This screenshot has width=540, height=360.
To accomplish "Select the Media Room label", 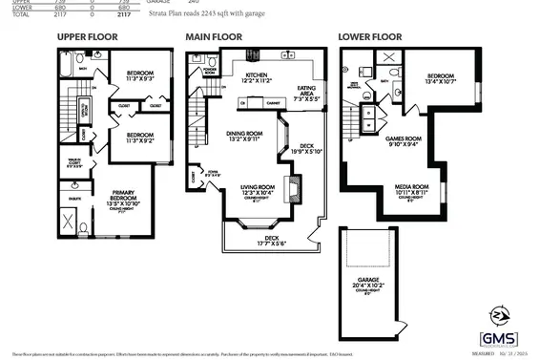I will (x=412, y=189).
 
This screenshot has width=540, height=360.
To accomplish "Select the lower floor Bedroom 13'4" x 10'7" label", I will (x=439, y=79).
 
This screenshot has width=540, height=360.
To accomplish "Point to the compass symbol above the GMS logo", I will (x=497, y=313).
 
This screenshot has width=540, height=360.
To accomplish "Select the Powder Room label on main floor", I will (x=208, y=71).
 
